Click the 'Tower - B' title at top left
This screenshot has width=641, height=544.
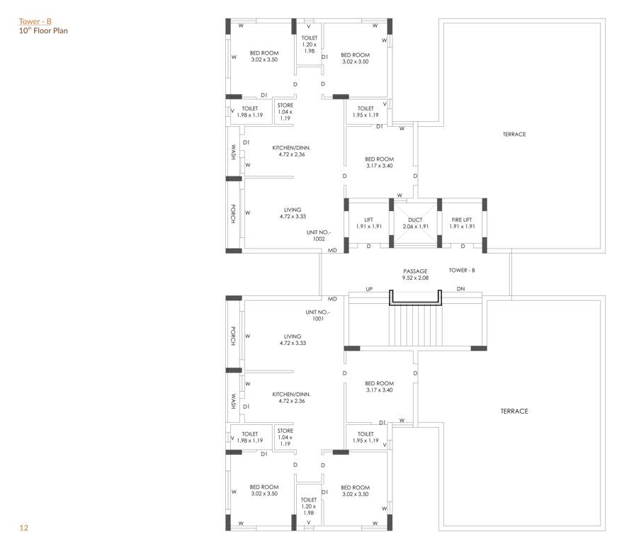35,21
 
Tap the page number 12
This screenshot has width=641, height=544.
24,528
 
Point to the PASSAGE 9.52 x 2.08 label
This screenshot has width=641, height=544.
415,275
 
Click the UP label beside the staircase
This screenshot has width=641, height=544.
369,289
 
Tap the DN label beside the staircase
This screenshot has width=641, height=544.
460,289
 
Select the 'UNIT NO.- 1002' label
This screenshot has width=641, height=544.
319,235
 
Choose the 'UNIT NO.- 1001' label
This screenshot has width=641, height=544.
318,315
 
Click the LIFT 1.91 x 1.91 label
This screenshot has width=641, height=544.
369,223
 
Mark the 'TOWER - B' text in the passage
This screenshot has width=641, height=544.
462,271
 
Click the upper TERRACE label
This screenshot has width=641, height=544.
514,134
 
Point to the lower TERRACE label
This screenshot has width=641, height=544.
514,411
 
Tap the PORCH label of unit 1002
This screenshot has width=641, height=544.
233,214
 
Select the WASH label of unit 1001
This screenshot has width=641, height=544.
233,402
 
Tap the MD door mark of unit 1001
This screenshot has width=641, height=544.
332,300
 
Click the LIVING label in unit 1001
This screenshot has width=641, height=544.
293,339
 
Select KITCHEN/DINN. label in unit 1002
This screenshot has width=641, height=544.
292,151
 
